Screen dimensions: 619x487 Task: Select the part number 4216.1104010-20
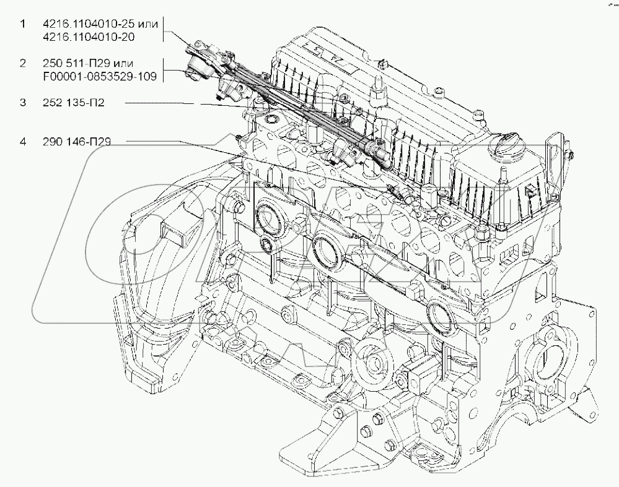tap(89, 37)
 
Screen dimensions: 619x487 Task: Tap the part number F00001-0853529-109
tap(100, 76)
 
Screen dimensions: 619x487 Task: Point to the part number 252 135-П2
tap(74, 103)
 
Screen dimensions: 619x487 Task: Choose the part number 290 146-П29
tap(77, 142)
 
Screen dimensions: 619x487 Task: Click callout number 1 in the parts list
tap(23, 24)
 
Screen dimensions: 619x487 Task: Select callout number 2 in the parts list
tap(23, 63)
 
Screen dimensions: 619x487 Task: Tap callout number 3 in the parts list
tap(23, 103)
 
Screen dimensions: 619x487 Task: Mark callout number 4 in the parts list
tap(23, 142)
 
